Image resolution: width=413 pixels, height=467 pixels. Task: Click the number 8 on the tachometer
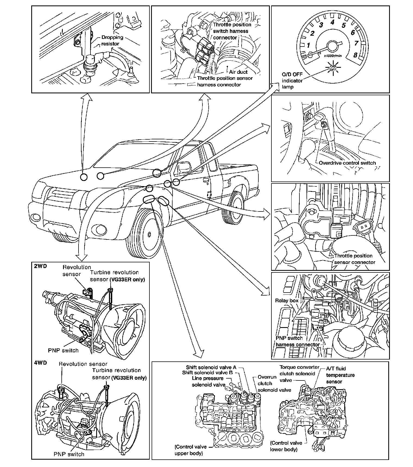(x=355, y=55)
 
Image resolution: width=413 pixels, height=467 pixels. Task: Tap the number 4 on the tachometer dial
(x=332, y=22)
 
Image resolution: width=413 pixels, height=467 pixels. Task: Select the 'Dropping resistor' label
(x=112, y=40)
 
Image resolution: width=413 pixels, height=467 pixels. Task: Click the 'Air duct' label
(x=238, y=72)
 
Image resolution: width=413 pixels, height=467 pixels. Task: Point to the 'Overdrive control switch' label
(x=347, y=163)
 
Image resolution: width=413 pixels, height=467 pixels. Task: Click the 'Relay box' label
(x=287, y=300)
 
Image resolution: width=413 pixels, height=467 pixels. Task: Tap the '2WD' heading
(x=40, y=266)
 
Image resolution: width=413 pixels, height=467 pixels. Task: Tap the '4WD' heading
(x=40, y=363)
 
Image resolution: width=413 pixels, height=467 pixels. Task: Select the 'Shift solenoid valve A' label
(x=211, y=367)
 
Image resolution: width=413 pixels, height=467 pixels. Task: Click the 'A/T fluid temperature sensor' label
(x=340, y=375)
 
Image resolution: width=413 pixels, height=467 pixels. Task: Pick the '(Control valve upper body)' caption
(x=190, y=450)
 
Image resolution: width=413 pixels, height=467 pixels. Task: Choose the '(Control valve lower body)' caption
(x=286, y=446)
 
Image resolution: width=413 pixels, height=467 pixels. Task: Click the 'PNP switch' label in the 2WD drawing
(x=63, y=351)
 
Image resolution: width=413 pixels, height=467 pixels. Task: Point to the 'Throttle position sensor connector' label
(x=354, y=259)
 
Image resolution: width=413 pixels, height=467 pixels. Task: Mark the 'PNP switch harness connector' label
(x=298, y=341)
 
